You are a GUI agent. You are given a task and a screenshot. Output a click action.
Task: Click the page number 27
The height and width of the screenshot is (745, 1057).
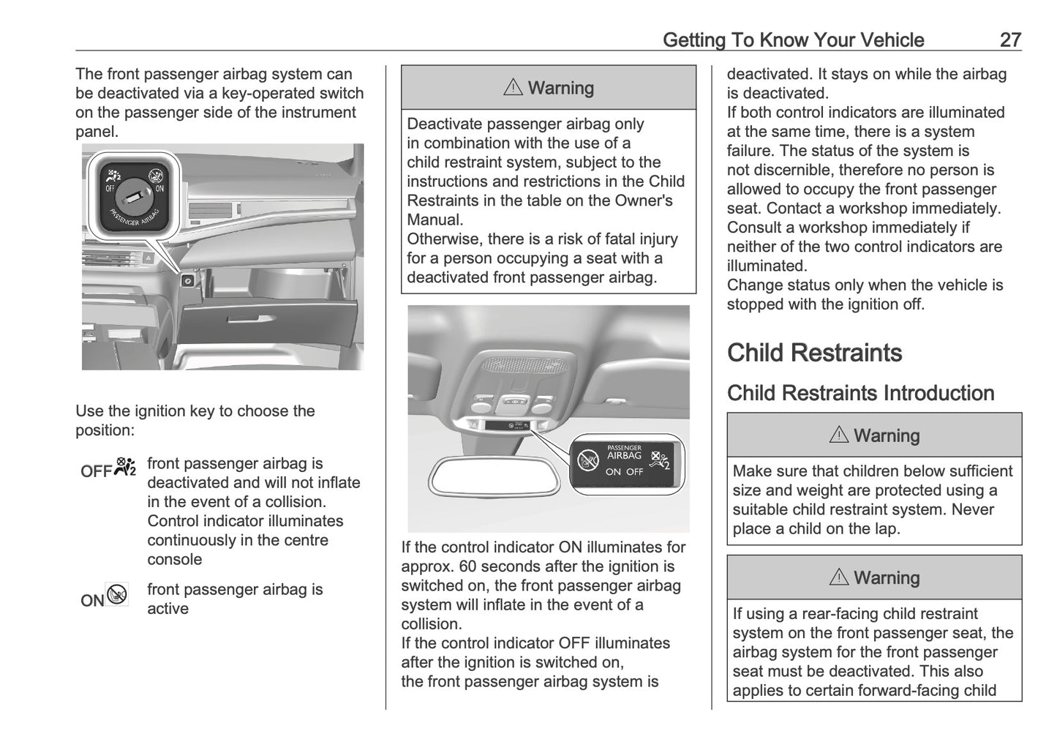(x=1009, y=40)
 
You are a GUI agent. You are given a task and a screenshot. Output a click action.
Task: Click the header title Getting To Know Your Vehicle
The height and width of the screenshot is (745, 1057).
(x=793, y=40)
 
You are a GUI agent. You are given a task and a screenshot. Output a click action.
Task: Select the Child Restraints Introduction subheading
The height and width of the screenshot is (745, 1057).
(x=860, y=393)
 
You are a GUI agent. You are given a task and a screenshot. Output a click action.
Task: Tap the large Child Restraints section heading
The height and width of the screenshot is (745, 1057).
(x=814, y=353)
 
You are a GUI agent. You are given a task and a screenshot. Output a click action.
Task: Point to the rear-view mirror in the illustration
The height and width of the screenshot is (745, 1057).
(x=497, y=476)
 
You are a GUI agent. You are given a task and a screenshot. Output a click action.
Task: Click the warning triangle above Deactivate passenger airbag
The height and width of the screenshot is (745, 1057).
(x=513, y=88)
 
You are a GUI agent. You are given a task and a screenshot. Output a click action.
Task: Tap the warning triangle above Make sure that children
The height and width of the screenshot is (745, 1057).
(x=838, y=435)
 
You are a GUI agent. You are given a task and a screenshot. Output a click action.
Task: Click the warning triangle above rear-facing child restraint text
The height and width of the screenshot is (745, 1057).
(x=838, y=577)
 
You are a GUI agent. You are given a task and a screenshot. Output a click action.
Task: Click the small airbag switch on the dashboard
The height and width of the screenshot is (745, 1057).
(x=187, y=281)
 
